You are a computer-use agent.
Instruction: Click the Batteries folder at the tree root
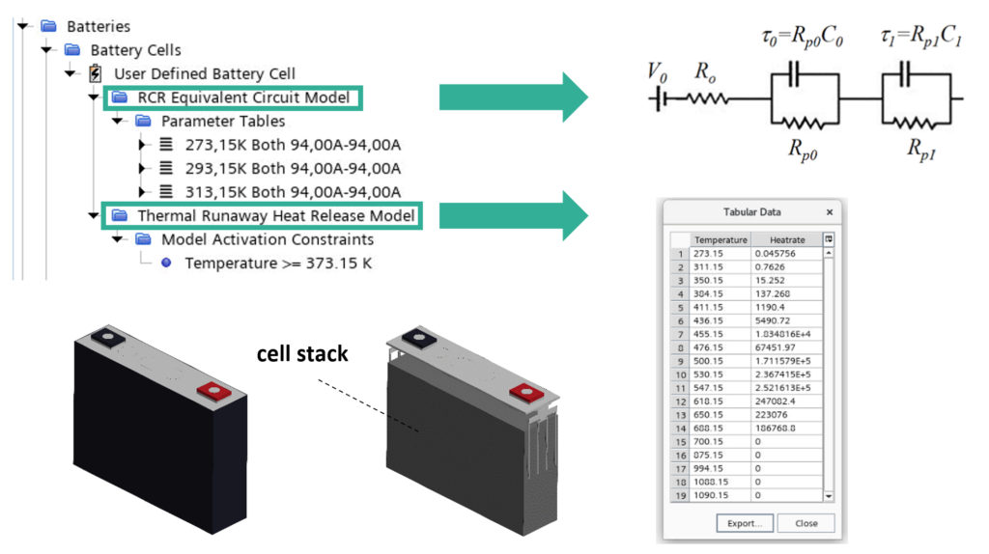click(x=98, y=26)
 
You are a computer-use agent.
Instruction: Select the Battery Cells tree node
click(x=135, y=50)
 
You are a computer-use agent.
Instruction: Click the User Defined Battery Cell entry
click(x=204, y=73)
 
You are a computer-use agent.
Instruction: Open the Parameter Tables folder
click(x=222, y=122)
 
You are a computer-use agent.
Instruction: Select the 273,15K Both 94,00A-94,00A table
click(x=292, y=145)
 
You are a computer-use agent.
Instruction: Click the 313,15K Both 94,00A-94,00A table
click(x=292, y=192)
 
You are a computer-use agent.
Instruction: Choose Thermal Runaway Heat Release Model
click(x=276, y=216)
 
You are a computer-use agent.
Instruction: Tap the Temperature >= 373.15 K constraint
click(x=277, y=263)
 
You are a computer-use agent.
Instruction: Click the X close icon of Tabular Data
click(x=829, y=212)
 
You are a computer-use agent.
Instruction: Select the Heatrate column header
click(x=786, y=239)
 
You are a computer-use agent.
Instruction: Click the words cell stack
click(x=302, y=354)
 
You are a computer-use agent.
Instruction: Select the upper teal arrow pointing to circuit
click(x=513, y=97)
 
